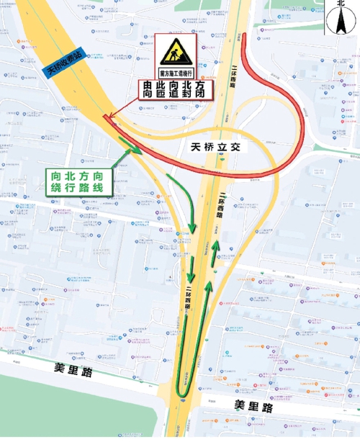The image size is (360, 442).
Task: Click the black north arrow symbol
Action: pyautogui.click(x=341, y=22)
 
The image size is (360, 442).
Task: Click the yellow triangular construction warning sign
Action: pyautogui.click(x=174, y=51)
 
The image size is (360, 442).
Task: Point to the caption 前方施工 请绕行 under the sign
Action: pyautogui.click(x=174, y=73)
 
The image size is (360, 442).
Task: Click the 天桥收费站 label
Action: pyautogui.click(x=66, y=61)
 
